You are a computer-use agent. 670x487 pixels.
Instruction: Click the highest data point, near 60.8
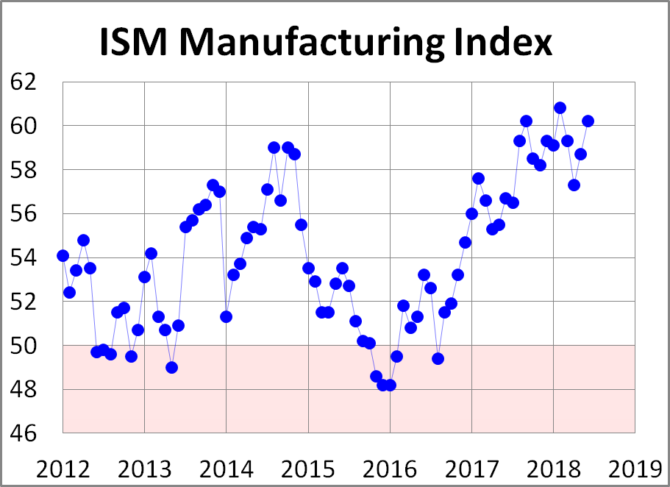click(560, 107)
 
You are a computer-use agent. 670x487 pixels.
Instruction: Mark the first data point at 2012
click(63, 255)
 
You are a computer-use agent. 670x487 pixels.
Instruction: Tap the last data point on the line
click(588, 121)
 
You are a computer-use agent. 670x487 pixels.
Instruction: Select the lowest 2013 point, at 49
click(171, 367)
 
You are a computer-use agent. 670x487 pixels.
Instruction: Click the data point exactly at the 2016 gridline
click(390, 385)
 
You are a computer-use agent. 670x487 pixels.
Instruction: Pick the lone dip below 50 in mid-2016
click(438, 358)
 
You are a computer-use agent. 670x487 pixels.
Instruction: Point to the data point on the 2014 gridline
click(227, 316)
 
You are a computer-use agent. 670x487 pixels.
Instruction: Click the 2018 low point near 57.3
click(574, 185)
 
